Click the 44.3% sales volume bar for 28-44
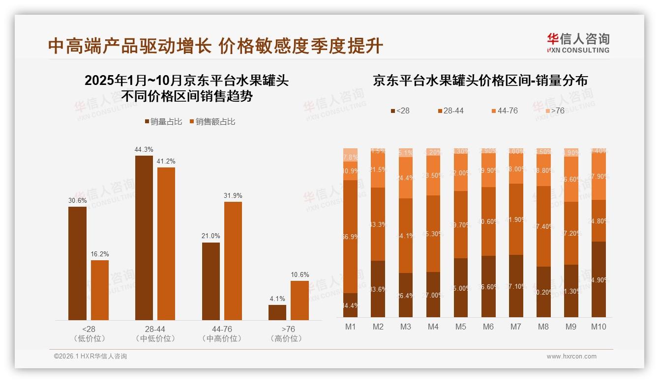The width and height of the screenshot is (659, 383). pyautogui.click(x=144, y=238)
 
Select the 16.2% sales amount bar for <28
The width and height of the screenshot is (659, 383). pyautogui.click(x=100, y=290)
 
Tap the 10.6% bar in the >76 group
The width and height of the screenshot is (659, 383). pyautogui.click(x=300, y=300)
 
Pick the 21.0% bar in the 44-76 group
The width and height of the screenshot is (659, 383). pyautogui.click(x=211, y=281)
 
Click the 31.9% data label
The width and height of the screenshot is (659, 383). pyautogui.click(x=233, y=195)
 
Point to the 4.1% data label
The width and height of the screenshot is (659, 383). pyautogui.click(x=277, y=299)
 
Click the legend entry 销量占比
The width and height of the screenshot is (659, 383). pyautogui.click(x=164, y=122)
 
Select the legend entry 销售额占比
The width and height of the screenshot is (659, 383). pyautogui.click(x=212, y=122)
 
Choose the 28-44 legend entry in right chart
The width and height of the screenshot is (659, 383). pyautogui.click(x=450, y=111)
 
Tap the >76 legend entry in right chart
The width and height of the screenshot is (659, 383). pyautogui.click(x=554, y=111)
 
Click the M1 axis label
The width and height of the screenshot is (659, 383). pyautogui.click(x=351, y=327)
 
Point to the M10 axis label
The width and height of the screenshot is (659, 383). pyautogui.click(x=599, y=327)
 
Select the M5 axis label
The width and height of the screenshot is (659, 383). pyautogui.click(x=461, y=327)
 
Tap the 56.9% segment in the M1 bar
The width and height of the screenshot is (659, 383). pyautogui.click(x=351, y=237)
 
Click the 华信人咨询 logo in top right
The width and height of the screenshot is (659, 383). pyautogui.click(x=578, y=43)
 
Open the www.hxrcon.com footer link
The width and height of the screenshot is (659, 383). pyautogui.click(x=571, y=356)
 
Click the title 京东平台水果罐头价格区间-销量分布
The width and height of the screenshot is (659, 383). pyautogui.click(x=480, y=81)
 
